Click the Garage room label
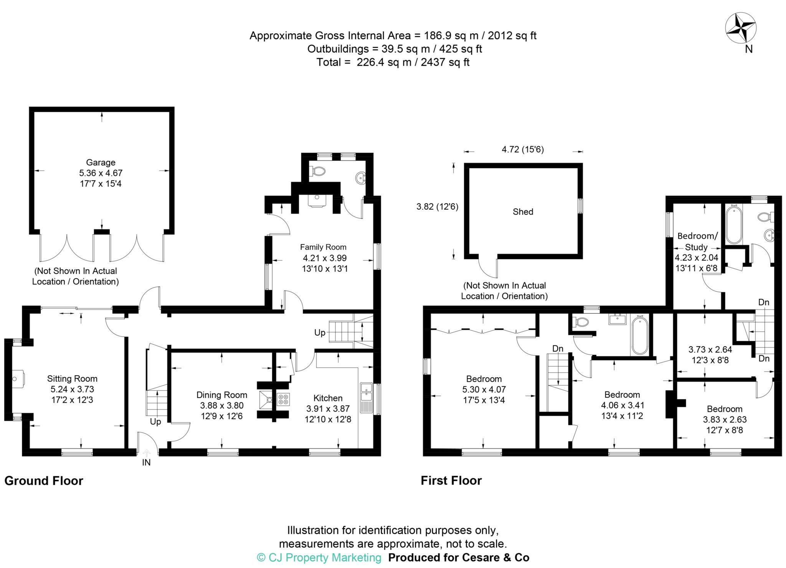click(101, 162)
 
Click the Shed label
click(523, 212)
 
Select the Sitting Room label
click(72, 379)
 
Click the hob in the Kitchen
click(283, 399)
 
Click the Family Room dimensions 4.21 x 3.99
click(324, 258)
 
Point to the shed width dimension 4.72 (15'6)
click(523, 150)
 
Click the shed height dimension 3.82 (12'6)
click(437, 207)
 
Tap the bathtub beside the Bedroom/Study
click(734, 225)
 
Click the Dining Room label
click(222, 395)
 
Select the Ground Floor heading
click(44, 481)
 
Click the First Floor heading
click(451, 481)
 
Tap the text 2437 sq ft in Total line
click(445, 62)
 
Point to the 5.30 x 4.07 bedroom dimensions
click(484, 390)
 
